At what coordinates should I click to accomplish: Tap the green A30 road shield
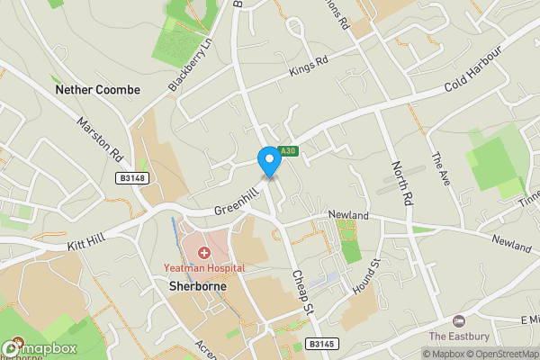click(287, 150)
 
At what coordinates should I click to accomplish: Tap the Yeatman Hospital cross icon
click(204, 253)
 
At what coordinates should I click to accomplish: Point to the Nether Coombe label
click(97, 90)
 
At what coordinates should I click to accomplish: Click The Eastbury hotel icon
click(459, 321)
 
